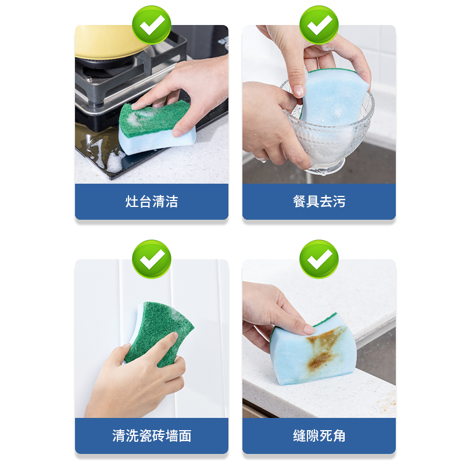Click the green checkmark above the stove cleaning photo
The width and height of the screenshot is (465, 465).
point(151,25)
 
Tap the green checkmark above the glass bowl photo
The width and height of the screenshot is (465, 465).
point(319,25)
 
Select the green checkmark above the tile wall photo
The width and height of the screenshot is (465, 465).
point(151,259)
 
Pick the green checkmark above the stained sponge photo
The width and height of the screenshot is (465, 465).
point(319,259)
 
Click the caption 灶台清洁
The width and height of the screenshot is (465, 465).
point(151,202)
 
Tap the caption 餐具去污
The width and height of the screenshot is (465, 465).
point(319,202)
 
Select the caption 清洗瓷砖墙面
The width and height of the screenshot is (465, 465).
point(151,435)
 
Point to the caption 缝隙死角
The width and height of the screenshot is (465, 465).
point(319,435)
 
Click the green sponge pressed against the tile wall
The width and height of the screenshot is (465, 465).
point(154,331)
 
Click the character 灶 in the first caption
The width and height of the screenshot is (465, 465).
point(131,202)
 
